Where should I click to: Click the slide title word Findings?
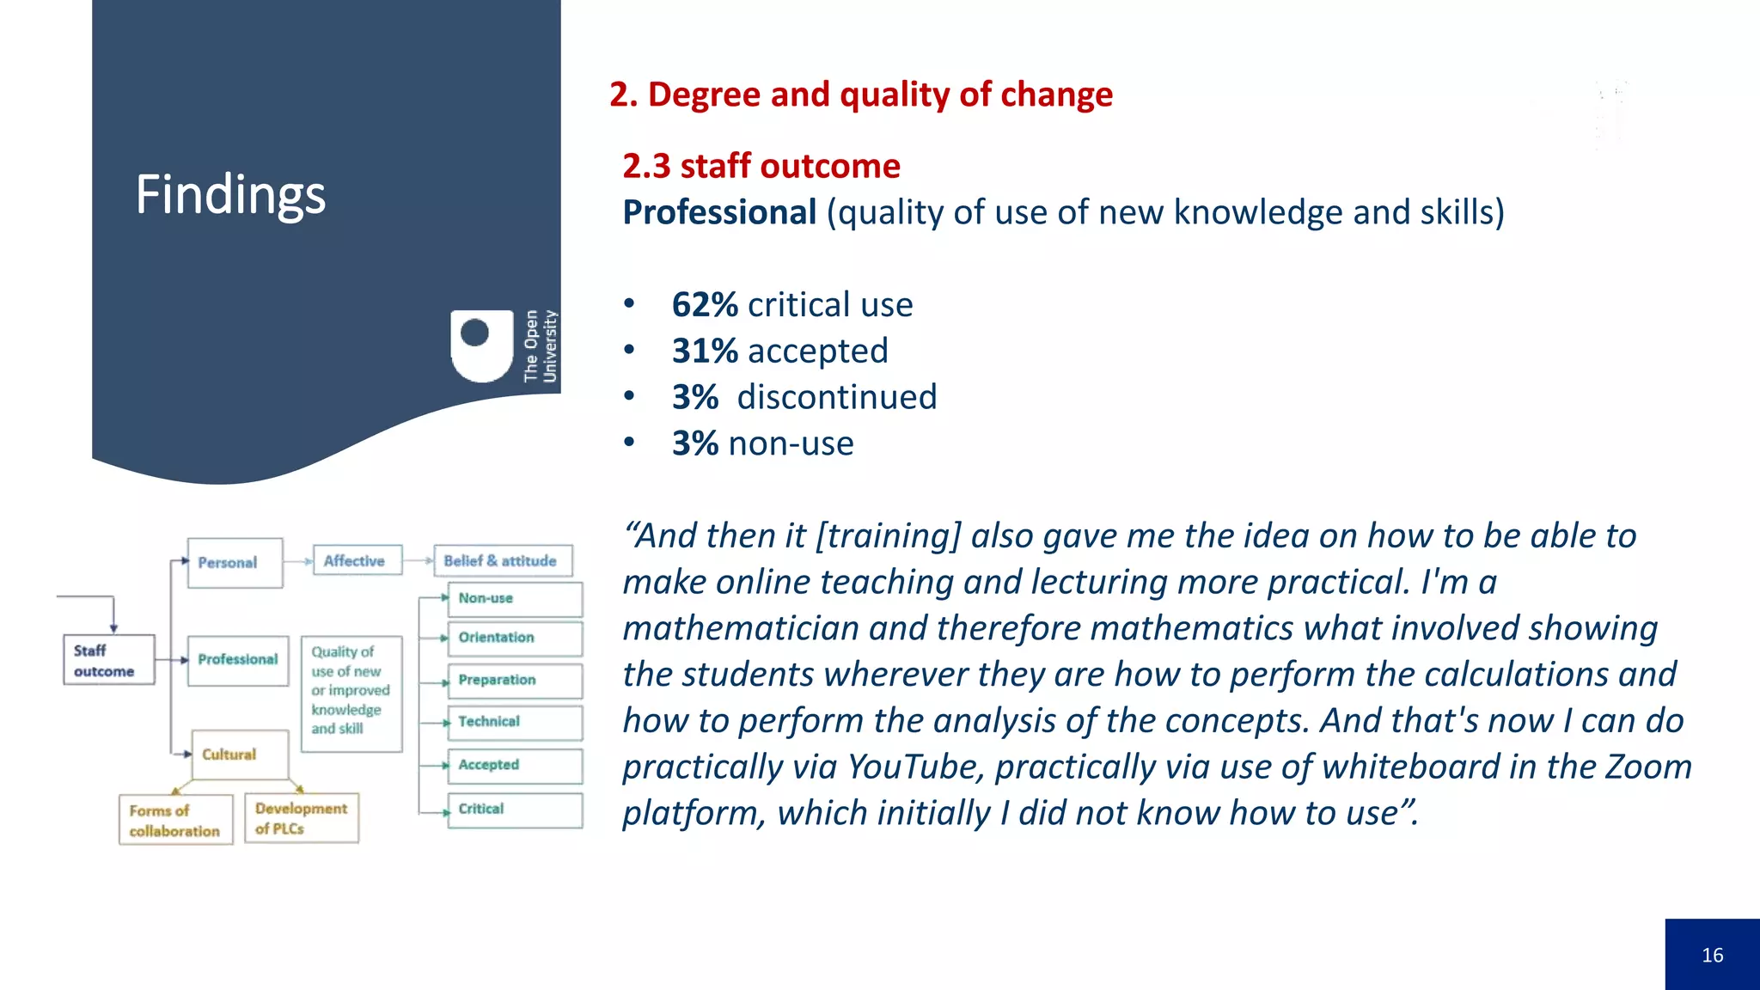230,194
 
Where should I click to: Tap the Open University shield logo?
482,345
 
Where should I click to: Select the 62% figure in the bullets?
705,305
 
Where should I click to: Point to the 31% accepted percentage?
705,351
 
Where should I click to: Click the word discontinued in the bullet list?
836,398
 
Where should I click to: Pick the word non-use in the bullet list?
791,444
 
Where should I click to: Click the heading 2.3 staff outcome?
761,166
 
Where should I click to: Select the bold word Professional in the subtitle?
719,212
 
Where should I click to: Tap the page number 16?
1712,955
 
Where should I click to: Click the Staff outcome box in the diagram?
108,660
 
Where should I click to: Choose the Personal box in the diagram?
235,563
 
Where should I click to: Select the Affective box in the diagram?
357,560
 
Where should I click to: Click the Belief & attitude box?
503,560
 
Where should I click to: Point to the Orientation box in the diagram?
514,638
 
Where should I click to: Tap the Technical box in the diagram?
514,722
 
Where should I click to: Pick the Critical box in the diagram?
514,810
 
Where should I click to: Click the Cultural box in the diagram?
240,754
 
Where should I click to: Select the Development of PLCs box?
301,818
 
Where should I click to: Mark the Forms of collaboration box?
175,820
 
